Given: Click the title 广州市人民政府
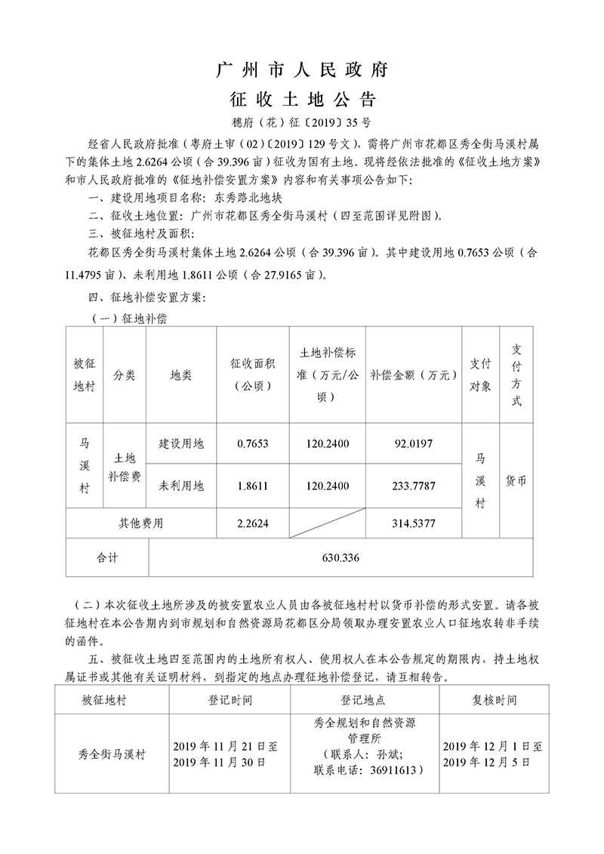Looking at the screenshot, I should pyautogui.click(x=302, y=71).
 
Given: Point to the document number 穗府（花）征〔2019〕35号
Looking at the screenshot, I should pyautogui.click(x=302, y=122).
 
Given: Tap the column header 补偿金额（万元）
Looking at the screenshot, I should pyautogui.click(x=413, y=375).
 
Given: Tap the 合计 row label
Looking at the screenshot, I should pyautogui.click(x=107, y=559).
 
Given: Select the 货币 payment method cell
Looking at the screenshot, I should pyautogui.click(x=516, y=481).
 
